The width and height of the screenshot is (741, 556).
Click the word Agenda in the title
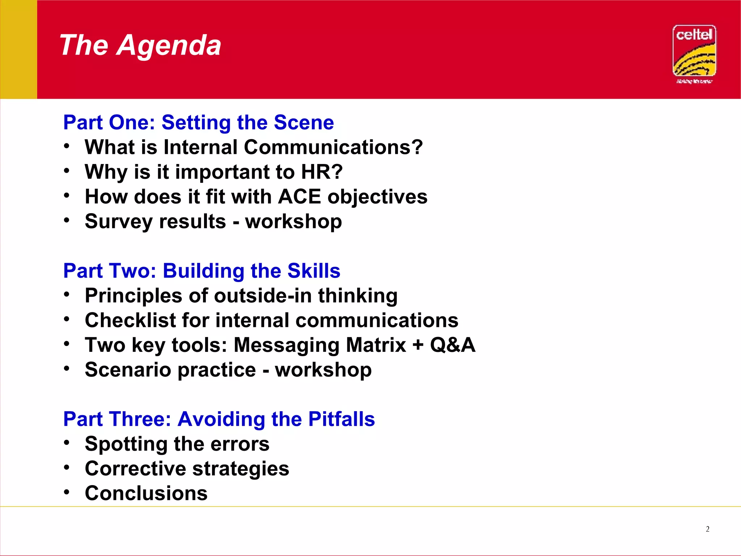click(x=169, y=46)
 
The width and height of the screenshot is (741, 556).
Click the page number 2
click(x=707, y=529)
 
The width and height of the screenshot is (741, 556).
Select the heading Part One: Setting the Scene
click(x=198, y=122)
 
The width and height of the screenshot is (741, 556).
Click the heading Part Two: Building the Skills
click(x=202, y=271)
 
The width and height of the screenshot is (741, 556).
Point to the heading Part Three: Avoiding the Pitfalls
click(x=219, y=419)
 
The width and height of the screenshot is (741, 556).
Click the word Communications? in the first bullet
click(x=333, y=147)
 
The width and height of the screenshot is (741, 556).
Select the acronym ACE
click(x=299, y=197)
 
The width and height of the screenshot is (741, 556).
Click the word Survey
click(x=118, y=222)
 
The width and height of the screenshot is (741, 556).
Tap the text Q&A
click(x=452, y=345)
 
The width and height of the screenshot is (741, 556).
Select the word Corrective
click(x=135, y=469)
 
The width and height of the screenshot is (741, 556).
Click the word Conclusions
click(x=146, y=493)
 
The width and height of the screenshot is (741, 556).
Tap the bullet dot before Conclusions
click(x=66, y=492)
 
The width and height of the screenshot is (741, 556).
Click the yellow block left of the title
click(x=18, y=49)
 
